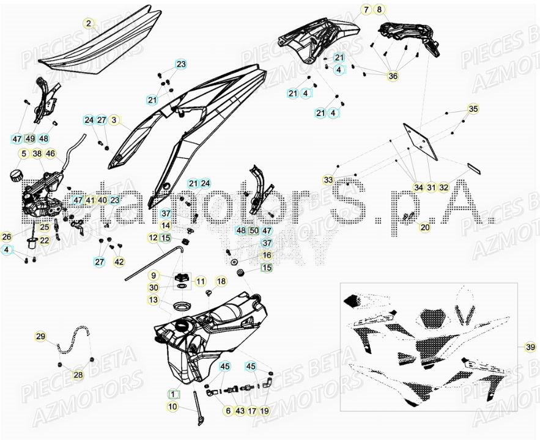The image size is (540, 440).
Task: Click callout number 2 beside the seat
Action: point(89,24)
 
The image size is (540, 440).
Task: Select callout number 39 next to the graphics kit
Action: point(529,347)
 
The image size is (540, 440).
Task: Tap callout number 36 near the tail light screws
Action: point(393,76)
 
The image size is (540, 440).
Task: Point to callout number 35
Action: point(473,109)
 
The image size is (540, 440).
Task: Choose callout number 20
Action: point(424,227)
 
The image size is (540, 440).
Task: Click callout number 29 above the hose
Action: point(40,337)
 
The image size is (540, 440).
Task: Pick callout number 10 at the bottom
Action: point(172,406)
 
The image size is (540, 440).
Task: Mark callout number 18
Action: point(221,281)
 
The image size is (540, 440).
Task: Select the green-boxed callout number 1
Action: point(172,394)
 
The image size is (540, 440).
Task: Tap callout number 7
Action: point(366,10)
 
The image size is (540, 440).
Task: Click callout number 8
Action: point(379,10)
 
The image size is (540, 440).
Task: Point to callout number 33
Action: point(329,180)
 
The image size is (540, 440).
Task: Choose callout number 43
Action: point(240,411)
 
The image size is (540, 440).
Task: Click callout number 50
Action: point(254,231)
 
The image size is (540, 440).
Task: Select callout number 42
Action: point(119,262)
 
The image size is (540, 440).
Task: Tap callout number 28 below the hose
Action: point(78,375)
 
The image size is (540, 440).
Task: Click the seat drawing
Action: point(92,43)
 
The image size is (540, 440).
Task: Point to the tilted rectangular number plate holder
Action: point(421,142)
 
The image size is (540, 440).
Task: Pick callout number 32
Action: point(444,188)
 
